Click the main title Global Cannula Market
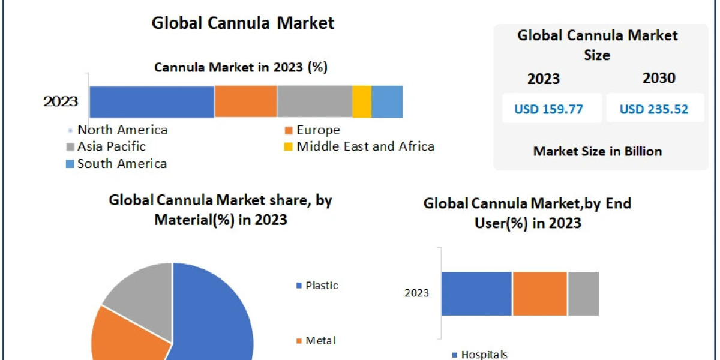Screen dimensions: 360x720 [x=242, y=23]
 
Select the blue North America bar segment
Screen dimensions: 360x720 [x=152, y=101]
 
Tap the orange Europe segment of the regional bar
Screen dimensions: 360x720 [x=245, y=101]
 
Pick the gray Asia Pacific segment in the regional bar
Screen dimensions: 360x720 [x=314, y=101]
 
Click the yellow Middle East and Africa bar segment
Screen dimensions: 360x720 [x=362, y=101]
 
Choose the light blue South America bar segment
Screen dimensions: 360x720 [x=387, y=101]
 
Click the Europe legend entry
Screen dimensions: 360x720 [x=313, y=130]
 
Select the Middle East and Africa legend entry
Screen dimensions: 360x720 [x=359, y=146]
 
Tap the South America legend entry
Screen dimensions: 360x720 [x=116, y=164]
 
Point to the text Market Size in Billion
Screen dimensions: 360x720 [x=597, y=151]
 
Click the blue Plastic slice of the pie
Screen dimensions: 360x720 [x=216, y=318]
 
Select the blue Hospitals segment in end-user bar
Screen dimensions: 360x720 [x=476, y=293]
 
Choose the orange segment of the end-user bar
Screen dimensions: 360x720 [x=539, y=293]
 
